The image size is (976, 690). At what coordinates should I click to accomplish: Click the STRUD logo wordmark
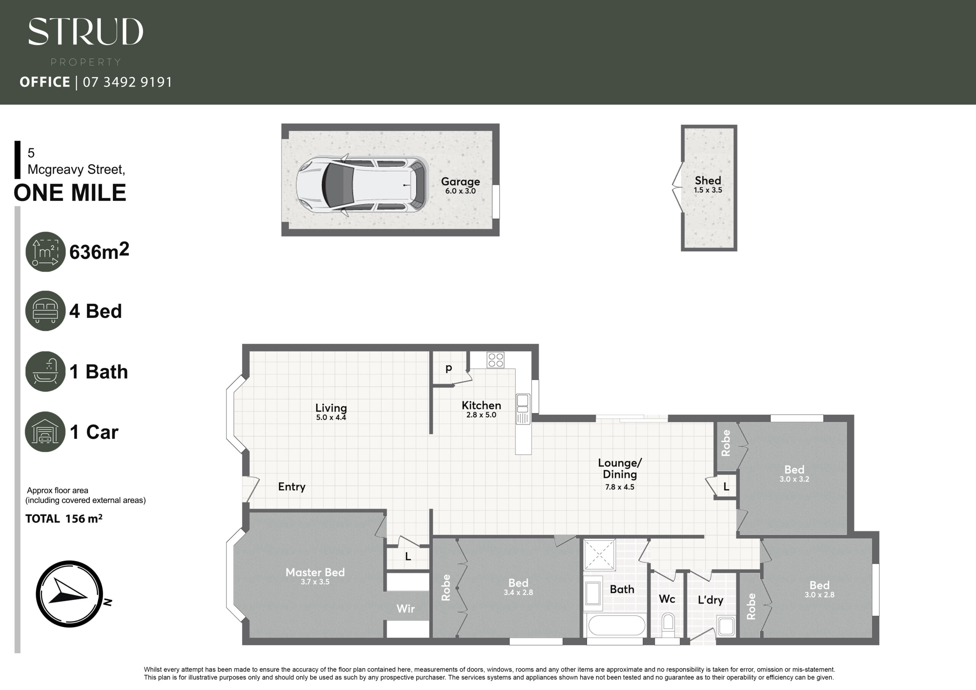[x=85, y=32]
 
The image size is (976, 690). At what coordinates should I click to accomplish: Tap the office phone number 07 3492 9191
[x=127, y=82]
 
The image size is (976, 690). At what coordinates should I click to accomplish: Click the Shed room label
[x=708, y=181]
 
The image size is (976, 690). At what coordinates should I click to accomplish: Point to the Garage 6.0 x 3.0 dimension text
[x=461, y=191]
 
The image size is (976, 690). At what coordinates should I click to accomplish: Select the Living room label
[x=331, y=408]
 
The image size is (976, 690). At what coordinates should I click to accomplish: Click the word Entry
[x=292, y=487]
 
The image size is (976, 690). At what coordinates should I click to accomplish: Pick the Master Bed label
[x=315, y=572]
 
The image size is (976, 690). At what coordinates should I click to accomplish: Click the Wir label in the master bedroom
[x=406, y=609]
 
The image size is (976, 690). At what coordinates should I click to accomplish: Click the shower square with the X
[x=599, y=554]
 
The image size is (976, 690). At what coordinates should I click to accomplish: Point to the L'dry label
[x=710, y=600]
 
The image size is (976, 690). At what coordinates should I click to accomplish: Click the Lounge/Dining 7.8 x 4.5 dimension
[x=620, y=487]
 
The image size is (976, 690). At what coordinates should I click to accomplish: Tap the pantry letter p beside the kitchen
[x=449, y=368]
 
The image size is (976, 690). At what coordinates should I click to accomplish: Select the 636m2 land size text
[x=99, y=251]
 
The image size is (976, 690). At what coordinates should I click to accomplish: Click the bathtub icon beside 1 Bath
[x=45, y=371]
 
